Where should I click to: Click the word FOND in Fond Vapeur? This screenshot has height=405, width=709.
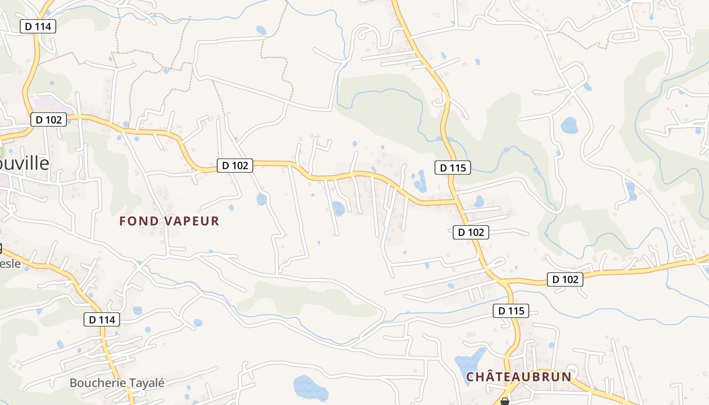point(139,221)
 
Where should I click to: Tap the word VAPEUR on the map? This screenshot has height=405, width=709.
point(192,221)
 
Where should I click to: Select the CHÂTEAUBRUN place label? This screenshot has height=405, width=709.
point(519,377)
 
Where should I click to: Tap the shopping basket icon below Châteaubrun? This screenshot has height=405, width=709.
point(504,401)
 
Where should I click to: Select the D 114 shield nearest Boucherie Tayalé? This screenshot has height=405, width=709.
point(102,319)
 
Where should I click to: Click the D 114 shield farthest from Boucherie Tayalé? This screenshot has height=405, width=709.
point(38,26)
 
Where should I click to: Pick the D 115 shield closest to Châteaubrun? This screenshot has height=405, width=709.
point(511,311)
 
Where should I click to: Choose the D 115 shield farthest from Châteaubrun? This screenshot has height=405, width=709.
point(453,168)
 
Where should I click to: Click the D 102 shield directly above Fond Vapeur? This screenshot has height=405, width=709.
point(235,166)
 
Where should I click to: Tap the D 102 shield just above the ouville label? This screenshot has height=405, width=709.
point(49,119)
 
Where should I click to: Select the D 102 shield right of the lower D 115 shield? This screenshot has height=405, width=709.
point(565,279)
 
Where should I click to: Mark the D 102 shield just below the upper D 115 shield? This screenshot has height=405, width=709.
point(471,232)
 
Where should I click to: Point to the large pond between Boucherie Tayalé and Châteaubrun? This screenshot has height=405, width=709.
point(310,387)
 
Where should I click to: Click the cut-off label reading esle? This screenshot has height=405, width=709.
point(10,264)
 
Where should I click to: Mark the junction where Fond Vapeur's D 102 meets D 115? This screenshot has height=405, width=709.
point(455,202)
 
